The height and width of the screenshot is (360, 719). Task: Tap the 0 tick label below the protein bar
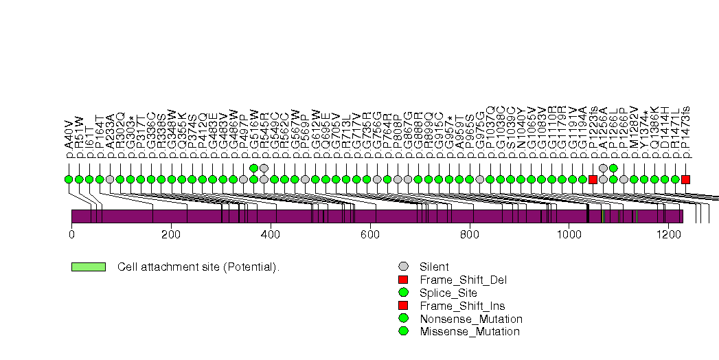click(x=71, y=235)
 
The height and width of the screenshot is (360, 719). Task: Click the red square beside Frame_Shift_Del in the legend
click(x=403, y=280)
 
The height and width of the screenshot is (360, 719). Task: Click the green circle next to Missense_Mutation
click(x=403, y=332)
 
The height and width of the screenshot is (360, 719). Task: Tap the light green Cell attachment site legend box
click(x=88, y=267)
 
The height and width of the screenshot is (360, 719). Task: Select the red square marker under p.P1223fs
click(x=593, y=179)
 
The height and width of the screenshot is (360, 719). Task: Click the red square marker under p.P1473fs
click(x=685, y=179)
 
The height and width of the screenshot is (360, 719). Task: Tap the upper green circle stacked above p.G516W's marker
click(x=253, y=168)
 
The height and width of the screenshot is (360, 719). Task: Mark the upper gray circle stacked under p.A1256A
click(x=603, y=168)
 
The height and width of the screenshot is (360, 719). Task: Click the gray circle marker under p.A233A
click(x=110, y=179)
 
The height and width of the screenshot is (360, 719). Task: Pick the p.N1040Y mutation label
click(x=521, y=134)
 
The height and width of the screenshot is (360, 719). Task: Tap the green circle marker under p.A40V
click(x=69, y=179)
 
